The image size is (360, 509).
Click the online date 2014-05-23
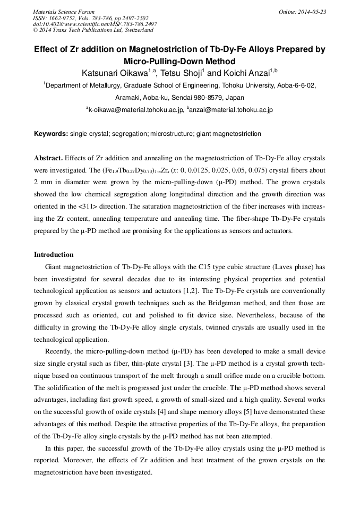[x=312, y=12]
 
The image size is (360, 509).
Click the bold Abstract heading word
[x=49, y=159]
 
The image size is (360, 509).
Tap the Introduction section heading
[x=54, y=255]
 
